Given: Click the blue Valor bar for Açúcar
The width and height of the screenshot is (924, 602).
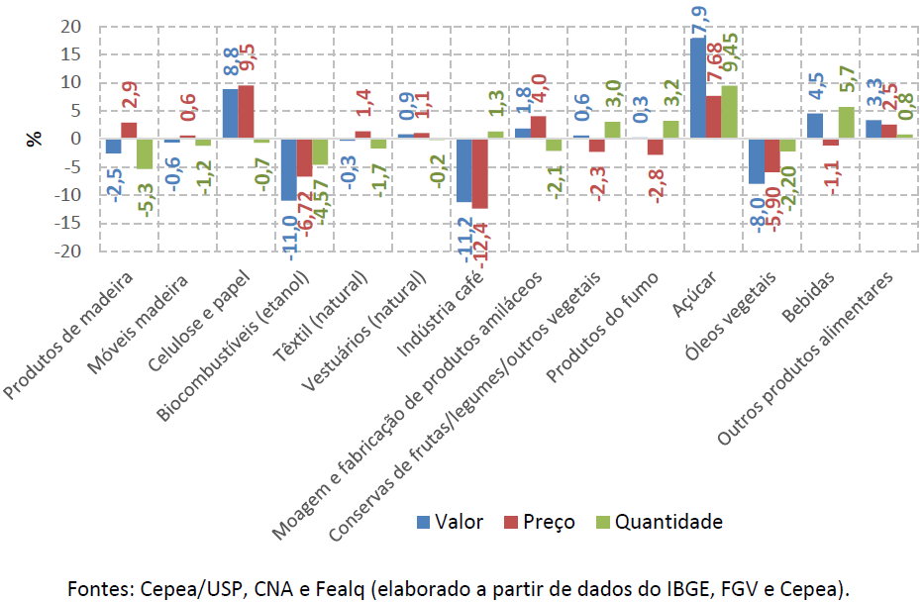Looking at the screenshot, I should pyautogui.click(x=698, y=88).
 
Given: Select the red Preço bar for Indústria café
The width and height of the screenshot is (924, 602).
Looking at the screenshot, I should pyautogui.click(x=481, y=173).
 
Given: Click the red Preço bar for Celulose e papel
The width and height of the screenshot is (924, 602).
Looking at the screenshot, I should pyautogui.click(x=246, y=112).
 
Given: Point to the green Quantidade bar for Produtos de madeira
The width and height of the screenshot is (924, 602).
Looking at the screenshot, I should pyautogui.click(x=144, y=153).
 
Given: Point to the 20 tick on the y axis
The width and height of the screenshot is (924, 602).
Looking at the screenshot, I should pyautogui.click(x=66, y=27).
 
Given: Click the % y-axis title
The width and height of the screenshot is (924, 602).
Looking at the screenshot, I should pyautogui.click(x=35, y=139).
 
